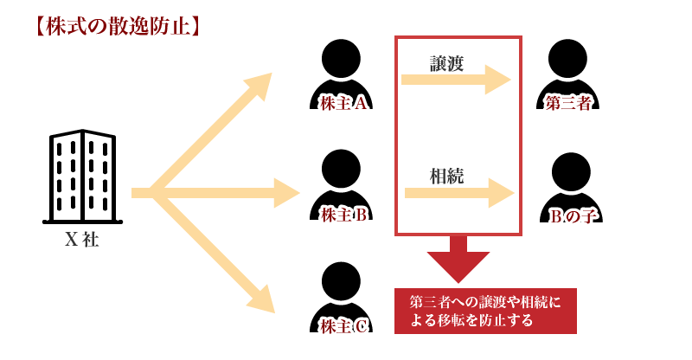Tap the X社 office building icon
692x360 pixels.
(x=82, y=176)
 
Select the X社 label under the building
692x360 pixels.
(x=82, y=240)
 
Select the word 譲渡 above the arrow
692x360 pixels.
(x=447, y=63)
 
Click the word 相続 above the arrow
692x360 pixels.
(x=447, y=176)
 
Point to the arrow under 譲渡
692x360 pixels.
(x=455, y=81)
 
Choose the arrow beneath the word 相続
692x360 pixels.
(x=459, y=193)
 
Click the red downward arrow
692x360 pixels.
(x=458, y=259)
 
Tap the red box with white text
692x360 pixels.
(x=485, y=311)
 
